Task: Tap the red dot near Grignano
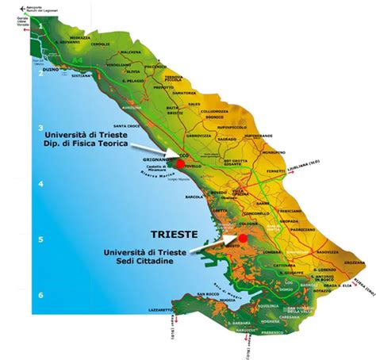click(x=179, y=163)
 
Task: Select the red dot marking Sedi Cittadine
click(x=241, y=238)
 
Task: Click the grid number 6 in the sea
click(x=40, y=295)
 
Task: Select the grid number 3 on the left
click(x=40, y=128)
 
